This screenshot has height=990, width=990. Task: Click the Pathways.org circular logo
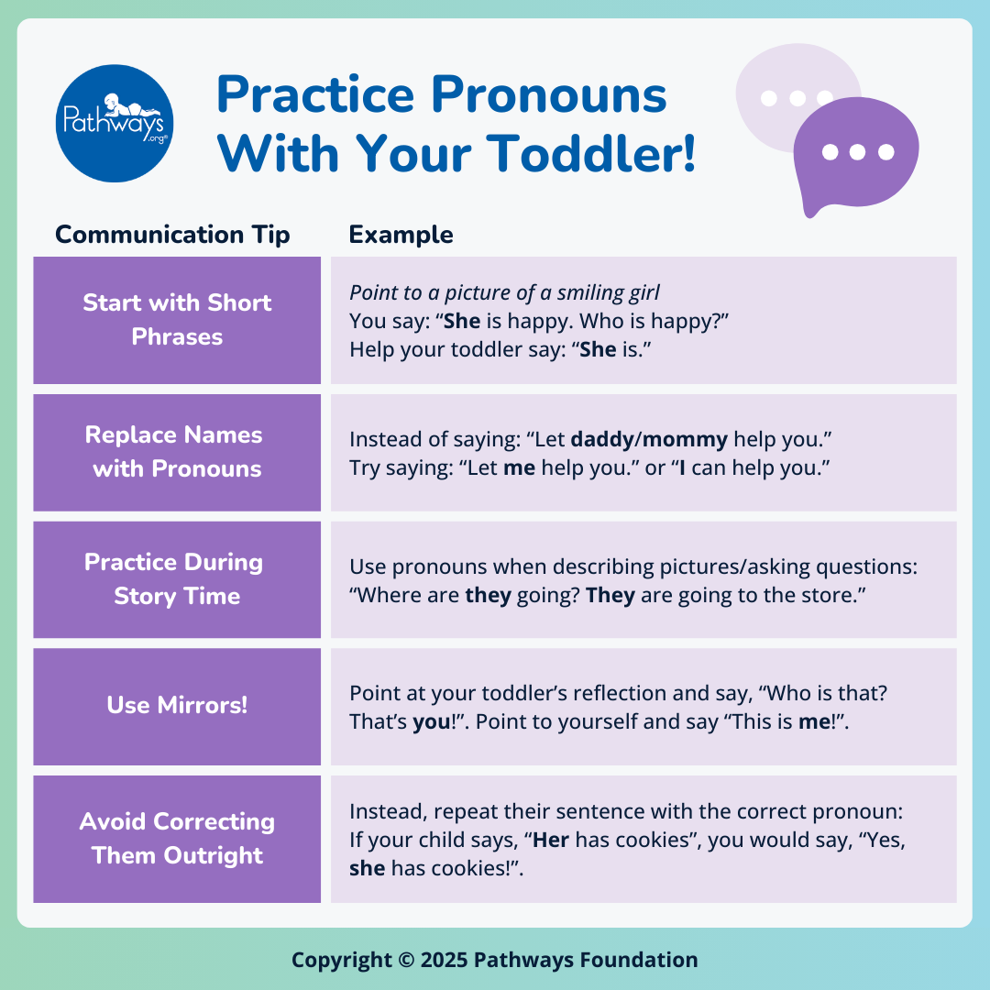(115, 124)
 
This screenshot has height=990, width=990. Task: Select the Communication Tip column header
(172, 235)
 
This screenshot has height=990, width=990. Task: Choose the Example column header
(401, 235)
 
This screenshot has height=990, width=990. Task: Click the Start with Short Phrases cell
(177, 320)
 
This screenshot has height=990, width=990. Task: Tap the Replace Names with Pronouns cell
(177, 452)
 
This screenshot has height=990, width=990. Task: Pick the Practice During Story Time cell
(177, 579)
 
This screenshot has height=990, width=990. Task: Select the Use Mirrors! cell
(177, 706)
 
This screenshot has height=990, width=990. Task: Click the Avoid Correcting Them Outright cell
(177, 839)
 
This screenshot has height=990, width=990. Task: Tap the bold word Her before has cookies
(551, 840)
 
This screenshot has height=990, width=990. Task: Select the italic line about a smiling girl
(504, 293)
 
